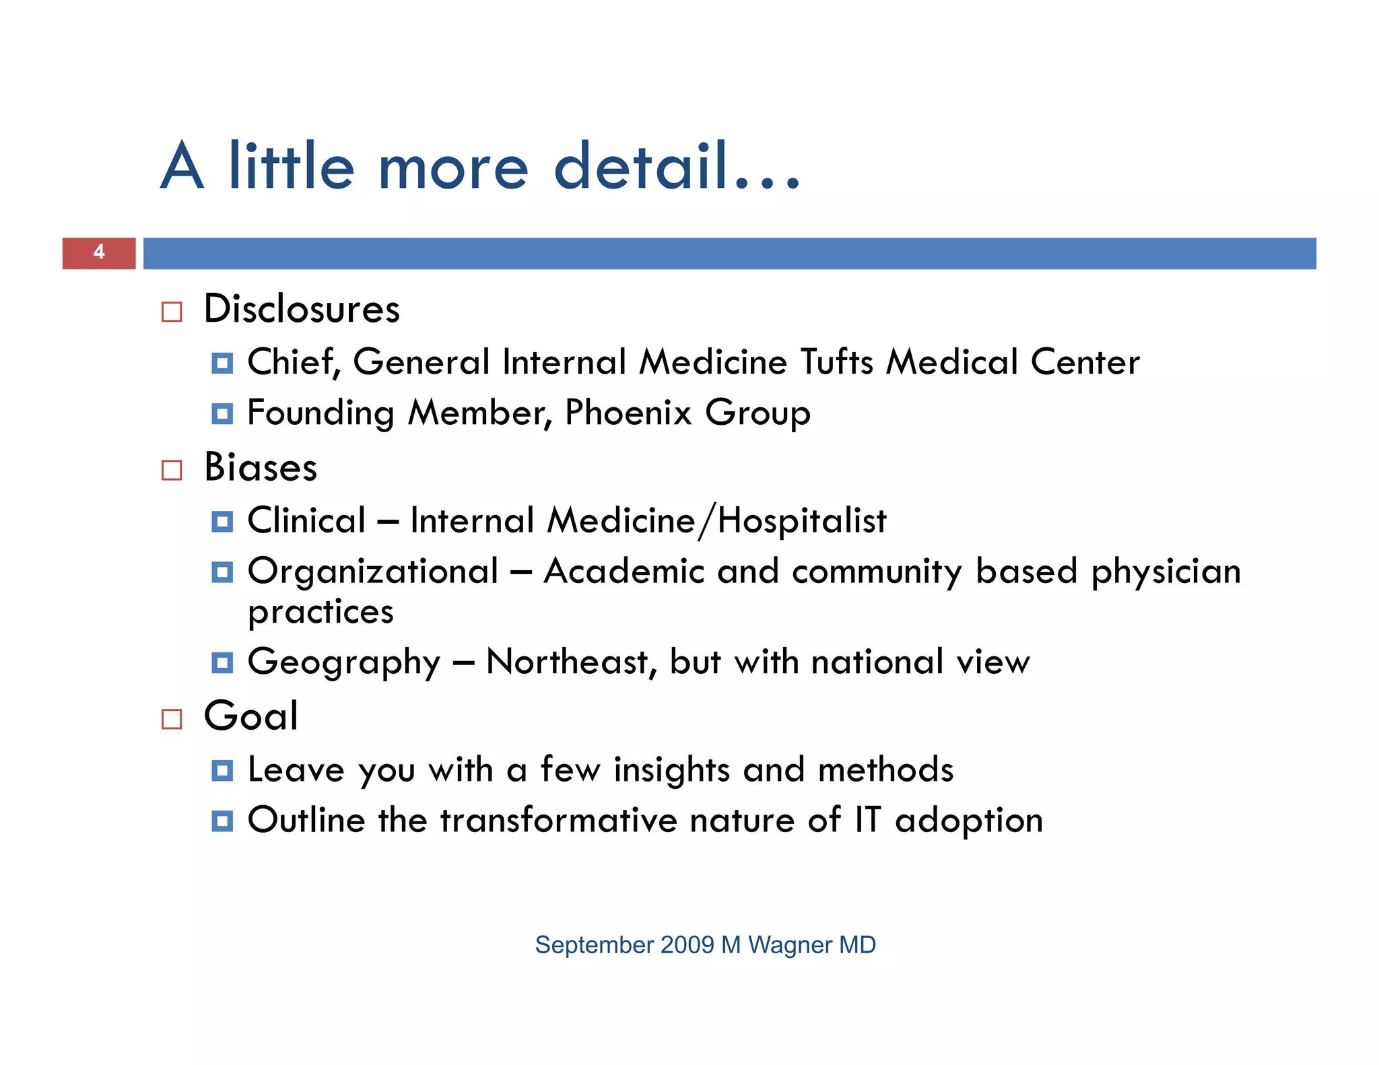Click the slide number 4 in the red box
[x=99, y=252]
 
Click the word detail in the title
[x=641, y=167]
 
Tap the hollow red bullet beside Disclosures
[x=172, y=312]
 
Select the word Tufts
[x=837, y=362]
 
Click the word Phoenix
[x=628, y=413]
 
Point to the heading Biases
[x=261, y=467]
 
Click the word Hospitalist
[x=802, y=521]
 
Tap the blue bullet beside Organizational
[x=222, y=572]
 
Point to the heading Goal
[x=251, y=716]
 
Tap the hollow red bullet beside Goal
[x=172, y=719]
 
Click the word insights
[x=671, y=770]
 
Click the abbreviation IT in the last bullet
[x=867, y=821]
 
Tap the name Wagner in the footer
[x=790, y=945]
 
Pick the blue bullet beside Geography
[x=222, y=663]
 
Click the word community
[x=877, y=572]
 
